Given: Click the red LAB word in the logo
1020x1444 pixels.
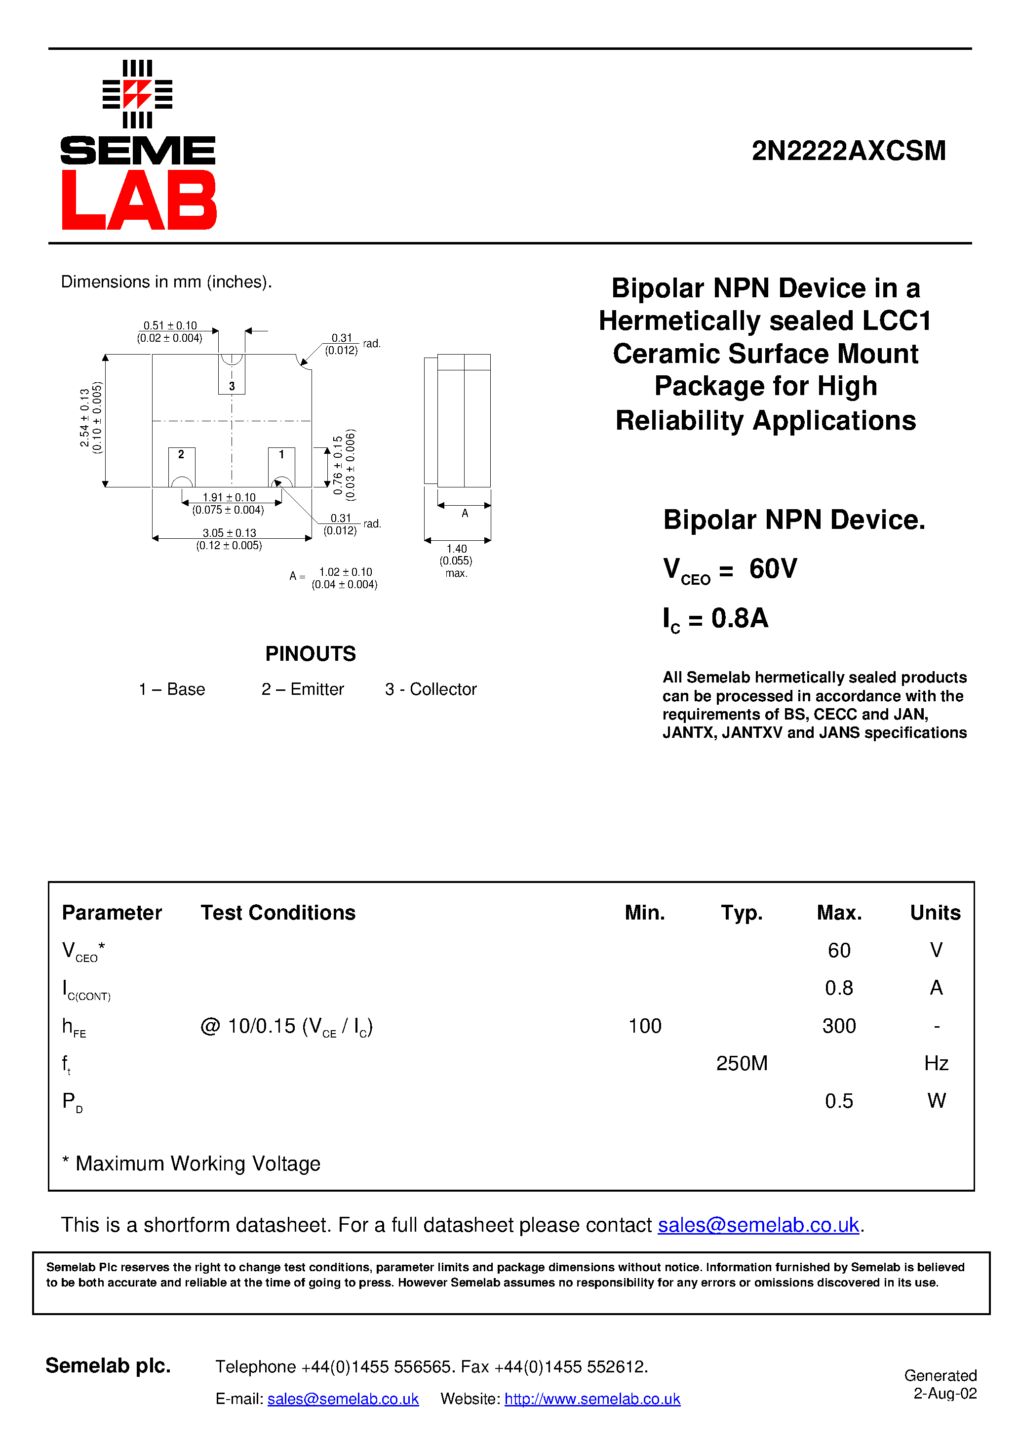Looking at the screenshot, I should (139, 200).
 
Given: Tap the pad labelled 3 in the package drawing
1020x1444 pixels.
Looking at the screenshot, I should (232, 377).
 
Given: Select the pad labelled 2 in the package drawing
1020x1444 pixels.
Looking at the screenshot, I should (182, 465).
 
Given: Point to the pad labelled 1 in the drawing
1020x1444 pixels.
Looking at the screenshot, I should (281, 465).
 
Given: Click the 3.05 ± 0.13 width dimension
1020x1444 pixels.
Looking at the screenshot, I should (229, 533).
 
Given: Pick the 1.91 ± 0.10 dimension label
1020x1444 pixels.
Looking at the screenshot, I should (229, 497).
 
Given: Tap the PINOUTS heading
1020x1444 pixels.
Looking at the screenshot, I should (310, 654).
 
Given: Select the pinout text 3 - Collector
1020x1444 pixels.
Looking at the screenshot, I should (431, 689).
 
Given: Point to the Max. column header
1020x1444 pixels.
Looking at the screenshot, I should (839, 913).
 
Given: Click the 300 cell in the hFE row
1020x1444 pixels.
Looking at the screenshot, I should (839, 1026).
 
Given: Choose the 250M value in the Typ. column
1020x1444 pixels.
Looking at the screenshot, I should (742, 1064).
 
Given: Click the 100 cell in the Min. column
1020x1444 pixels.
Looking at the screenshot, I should (645, 1026).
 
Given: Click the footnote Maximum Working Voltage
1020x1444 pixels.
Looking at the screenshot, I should (197, 1163).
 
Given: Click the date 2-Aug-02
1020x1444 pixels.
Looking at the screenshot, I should (944, 1394).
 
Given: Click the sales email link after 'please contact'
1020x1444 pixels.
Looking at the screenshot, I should (758, 1225).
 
